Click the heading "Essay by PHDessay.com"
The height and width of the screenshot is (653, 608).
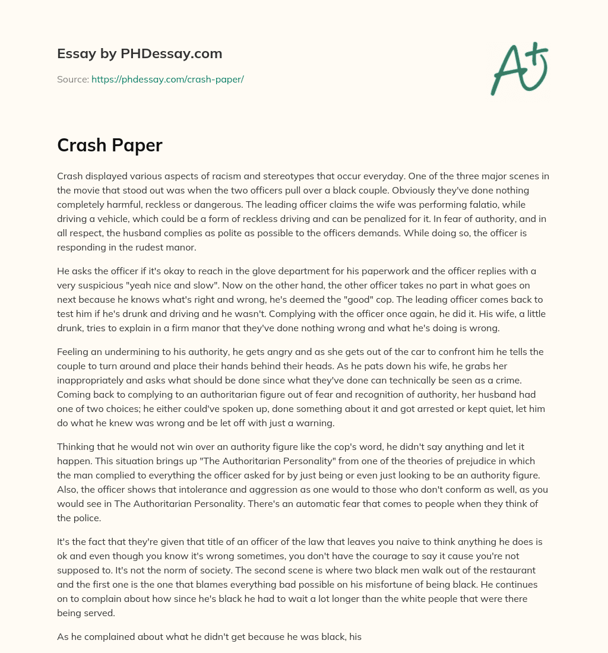pyautogui.click(x=140, y=54)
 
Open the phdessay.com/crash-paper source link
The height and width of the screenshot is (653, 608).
pyautogui.click(x=167, y=79)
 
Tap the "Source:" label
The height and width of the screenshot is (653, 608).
pyautogui.click(x=73, y=79)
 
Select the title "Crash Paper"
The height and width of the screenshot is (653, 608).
pyautogui.click(x=110, y=145)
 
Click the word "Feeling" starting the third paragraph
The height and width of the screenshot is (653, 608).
pyautogui.click(x=74, y=352)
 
